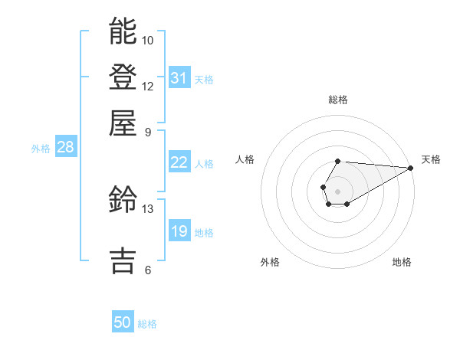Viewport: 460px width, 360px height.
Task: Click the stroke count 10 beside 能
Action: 148,40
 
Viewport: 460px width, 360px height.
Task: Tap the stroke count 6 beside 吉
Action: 148,270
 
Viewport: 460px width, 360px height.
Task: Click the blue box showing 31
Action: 179,77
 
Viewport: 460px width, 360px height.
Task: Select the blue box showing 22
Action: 179,162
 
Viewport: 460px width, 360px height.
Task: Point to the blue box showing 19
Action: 179,231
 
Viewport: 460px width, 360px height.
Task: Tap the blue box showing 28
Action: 65,148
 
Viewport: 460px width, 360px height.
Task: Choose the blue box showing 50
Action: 123,322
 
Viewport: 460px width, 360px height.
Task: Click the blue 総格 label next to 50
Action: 147,324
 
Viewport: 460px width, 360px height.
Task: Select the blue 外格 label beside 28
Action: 41,149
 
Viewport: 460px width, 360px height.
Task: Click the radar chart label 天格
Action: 431,159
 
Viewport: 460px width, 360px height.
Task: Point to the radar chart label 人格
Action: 245,159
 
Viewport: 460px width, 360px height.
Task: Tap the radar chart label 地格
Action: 402,262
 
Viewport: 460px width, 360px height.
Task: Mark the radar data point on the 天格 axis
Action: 410,167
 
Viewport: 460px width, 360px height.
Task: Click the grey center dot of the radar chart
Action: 337,191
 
